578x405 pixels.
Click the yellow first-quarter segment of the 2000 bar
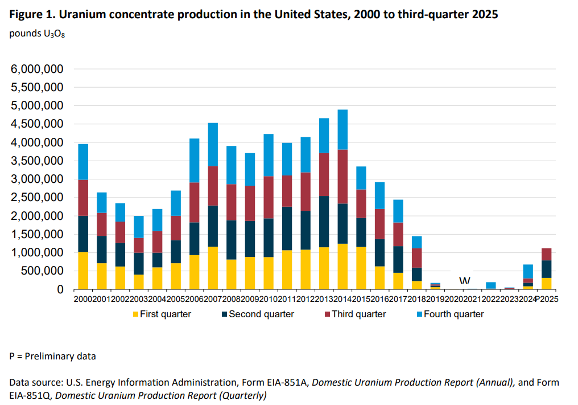[x=82, y=271]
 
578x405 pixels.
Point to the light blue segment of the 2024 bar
[x=528, y=271]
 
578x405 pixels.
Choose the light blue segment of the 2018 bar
[x=417, y=242]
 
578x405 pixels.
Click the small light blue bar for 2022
[x=491, y=285]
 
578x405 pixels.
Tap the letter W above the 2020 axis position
[x=465, y=281]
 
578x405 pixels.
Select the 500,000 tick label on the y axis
[x=45, y=271]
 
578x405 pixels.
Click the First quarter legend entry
[x=165, y=314]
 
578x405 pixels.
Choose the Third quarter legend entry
[x=358, y=314]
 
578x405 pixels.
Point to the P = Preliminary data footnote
[x=52, y=357]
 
